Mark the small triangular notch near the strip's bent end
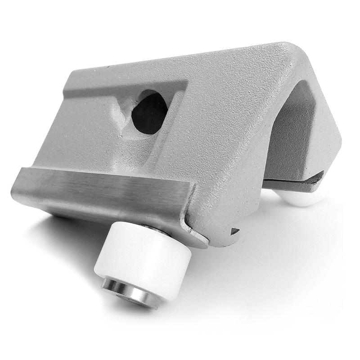click(x=234, y=231)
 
